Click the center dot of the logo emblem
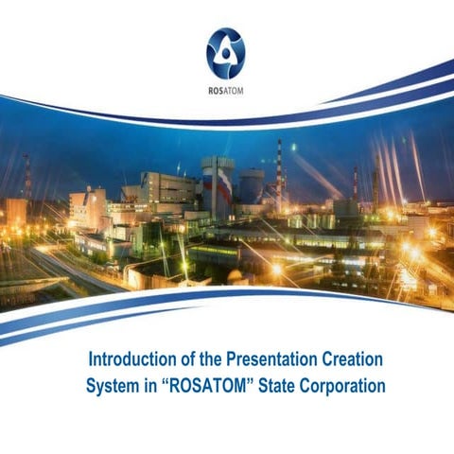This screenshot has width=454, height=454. [225, 53]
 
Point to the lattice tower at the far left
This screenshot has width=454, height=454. [27, 180]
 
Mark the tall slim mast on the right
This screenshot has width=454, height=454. [355, 184]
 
